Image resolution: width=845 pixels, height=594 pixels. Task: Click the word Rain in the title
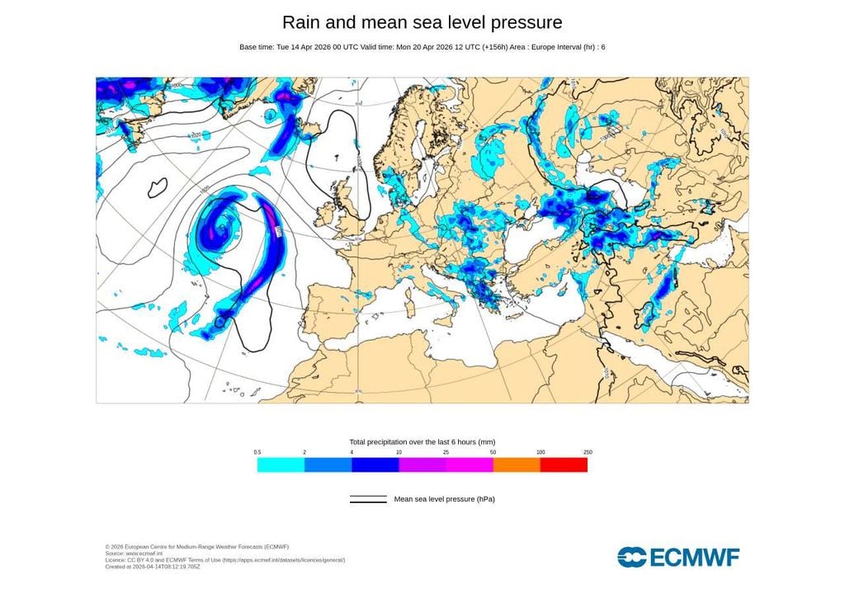300,22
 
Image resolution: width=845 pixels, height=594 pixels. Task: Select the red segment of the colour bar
564,465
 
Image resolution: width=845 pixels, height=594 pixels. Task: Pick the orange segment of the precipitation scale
517,465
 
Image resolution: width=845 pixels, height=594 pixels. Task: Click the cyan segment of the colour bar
281,465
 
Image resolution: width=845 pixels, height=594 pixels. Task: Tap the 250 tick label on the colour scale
588,452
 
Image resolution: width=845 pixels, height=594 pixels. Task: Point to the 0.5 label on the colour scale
257,452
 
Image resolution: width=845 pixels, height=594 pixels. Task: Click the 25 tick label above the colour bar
446,452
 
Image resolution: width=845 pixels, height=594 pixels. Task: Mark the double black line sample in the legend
368,499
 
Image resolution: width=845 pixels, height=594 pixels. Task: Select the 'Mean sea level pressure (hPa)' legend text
444,499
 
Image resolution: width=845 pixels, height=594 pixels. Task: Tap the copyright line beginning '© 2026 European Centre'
196,546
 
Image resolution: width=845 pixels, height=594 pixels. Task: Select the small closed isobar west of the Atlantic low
158,187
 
